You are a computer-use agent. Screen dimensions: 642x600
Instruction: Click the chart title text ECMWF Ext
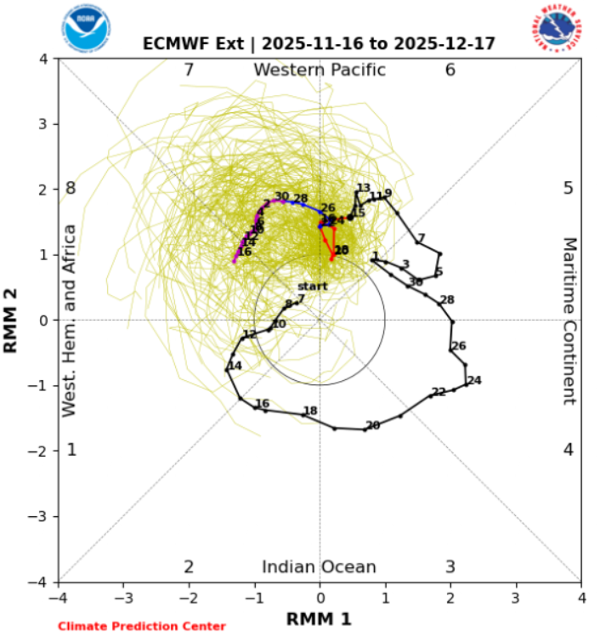click(x=196, y=43)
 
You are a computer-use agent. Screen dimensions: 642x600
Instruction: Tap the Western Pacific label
click(x=320, y=70)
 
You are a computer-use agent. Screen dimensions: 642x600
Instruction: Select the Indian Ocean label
click(x=319, y=567)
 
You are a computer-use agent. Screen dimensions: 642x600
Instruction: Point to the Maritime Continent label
click(x=569, y=321)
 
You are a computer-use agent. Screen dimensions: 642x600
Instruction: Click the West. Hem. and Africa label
click(x=71, y=321)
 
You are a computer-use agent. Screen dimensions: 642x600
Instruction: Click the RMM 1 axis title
click(x=319, y=618)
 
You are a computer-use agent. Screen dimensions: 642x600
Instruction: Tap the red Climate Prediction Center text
click(x=142, y=627)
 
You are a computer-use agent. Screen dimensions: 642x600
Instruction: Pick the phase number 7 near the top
click(x=189, y=70)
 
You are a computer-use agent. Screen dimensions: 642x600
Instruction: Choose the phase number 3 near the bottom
click(x=450, y=567)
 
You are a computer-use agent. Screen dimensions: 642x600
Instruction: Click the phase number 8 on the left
click(x=71, y=188)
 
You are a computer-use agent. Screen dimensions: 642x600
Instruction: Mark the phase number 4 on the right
click(x=568, y=449)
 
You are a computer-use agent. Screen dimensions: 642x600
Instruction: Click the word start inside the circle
click(x=312, y=287)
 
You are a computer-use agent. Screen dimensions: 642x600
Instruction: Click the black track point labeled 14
click(x=227, y=370)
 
